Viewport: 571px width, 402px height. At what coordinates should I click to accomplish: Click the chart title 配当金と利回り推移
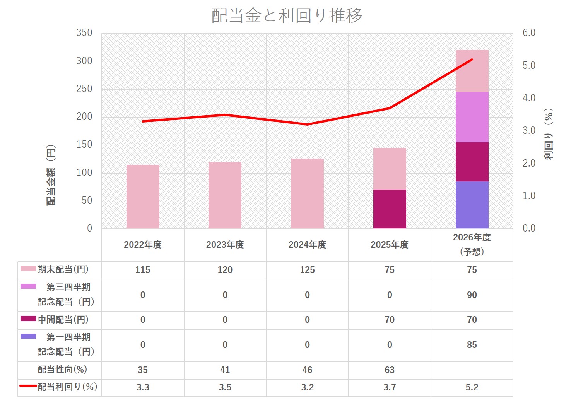pyautogui.click(x=287, y=15)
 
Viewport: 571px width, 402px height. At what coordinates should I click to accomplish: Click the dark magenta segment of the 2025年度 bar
pyautogui.click(x=390, y=209)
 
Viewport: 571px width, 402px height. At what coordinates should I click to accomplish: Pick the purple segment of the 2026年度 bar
pyautogui.click(x=472, y=205)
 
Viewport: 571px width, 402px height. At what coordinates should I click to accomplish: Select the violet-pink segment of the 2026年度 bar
pyautogui.click(x=472, y=117)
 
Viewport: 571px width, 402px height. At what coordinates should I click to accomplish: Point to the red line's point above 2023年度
pyautogui.click(x=225, y=115)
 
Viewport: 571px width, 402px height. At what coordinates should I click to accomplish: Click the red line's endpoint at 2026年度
pyautogui.click(x=472, y=60)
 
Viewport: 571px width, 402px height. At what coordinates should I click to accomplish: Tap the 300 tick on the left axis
pyautogui.click(x=84, y=61)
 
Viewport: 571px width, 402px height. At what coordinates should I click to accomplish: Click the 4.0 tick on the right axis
pyautogui.click(x=529, y=98)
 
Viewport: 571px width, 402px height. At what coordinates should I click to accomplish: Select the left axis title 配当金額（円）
pyautogui.click(x=51, y=175)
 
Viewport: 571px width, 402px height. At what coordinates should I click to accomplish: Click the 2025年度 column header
pyautogui.click(x=390, y=245)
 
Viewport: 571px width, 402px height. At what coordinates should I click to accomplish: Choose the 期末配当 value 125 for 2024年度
pyautogui.click(x=307, y=270)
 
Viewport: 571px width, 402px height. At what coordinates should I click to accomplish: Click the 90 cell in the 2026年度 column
pyautogui.click(x=472, y=295)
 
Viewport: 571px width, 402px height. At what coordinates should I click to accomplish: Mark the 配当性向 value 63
pyautogui.click(x=390, y=370)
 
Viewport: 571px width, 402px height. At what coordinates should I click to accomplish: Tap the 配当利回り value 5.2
pyautogui.click(x=472, y=387)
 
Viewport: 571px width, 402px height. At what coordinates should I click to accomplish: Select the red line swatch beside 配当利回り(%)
pyautogui.click(x=28, y=386)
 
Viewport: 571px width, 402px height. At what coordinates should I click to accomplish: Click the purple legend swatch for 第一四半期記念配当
pyautogui.click(x=28, y=336)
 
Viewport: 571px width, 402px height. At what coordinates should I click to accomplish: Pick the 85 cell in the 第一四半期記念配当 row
pyautogui.click(x=472, y=345)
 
